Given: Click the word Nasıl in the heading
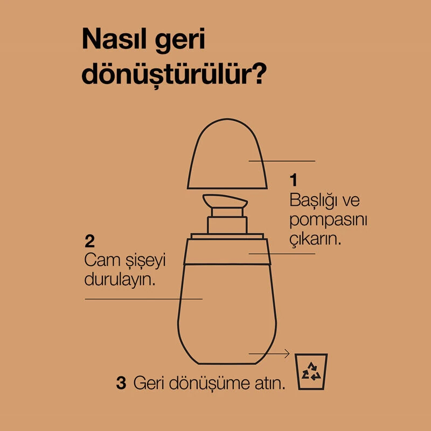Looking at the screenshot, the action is tap(115, 39).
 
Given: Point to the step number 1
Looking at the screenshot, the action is tap(294, 180).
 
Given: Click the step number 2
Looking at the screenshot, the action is tap(90, 241).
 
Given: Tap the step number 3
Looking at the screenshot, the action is tap(121, 383).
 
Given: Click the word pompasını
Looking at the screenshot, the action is tap(329, 221).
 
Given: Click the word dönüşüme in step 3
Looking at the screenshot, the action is tap(209, 383).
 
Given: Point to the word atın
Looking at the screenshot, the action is tap(270, 383).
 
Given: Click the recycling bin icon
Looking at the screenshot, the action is tap(311, 371).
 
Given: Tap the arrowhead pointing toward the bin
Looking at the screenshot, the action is tap(287, 353).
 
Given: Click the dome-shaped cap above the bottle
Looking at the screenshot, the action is tap(227, 154).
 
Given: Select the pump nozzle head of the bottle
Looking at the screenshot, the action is tap(225, 200).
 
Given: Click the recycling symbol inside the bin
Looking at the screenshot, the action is tap(311, 371).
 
